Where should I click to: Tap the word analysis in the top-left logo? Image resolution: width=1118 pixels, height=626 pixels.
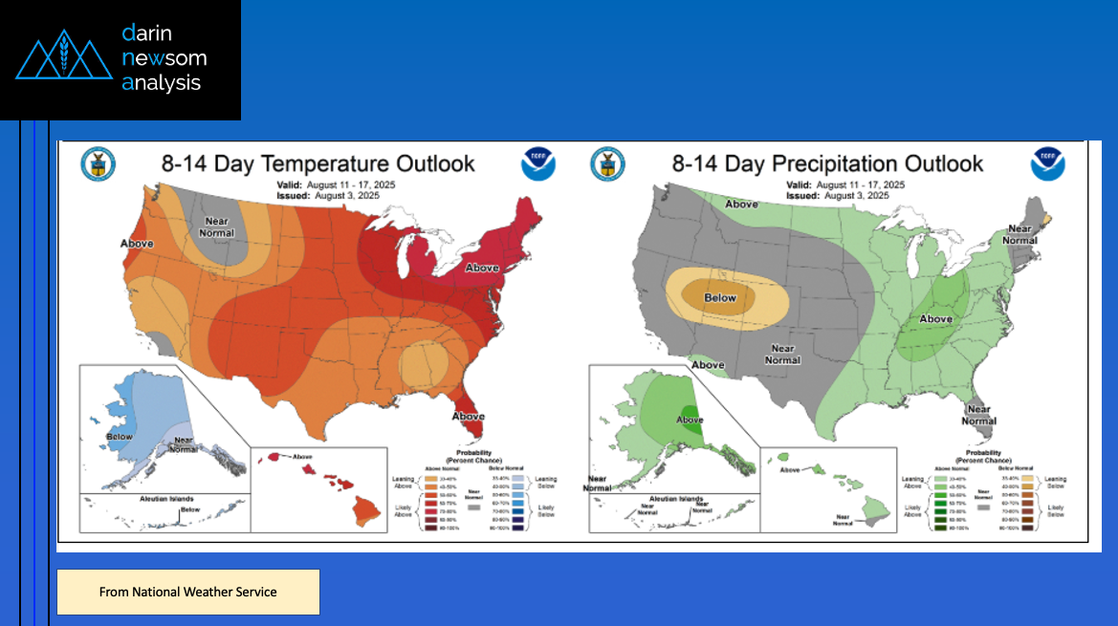162,83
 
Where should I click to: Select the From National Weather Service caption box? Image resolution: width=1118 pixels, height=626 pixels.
187,592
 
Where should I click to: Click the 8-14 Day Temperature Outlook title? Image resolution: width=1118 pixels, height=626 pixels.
318,163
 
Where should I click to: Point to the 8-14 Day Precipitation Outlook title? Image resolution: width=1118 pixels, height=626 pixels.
827,163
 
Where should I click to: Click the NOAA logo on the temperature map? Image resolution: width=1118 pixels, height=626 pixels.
538,163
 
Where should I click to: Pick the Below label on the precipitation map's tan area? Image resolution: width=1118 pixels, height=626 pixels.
721,298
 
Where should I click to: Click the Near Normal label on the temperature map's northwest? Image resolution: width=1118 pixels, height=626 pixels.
217,227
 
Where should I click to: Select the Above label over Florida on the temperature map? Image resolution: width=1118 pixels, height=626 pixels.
468,417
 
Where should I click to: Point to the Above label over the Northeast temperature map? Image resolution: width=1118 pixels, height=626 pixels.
482,269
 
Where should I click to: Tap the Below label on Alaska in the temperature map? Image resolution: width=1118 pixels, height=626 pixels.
120,437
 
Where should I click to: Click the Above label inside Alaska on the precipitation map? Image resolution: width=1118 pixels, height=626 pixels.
690,420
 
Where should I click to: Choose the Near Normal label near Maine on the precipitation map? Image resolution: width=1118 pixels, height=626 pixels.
1020,234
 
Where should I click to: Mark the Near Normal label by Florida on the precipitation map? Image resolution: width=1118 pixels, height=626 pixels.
979,415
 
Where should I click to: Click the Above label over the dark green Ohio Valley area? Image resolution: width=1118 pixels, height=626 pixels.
935,319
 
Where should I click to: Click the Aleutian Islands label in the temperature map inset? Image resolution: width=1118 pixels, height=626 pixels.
141,499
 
